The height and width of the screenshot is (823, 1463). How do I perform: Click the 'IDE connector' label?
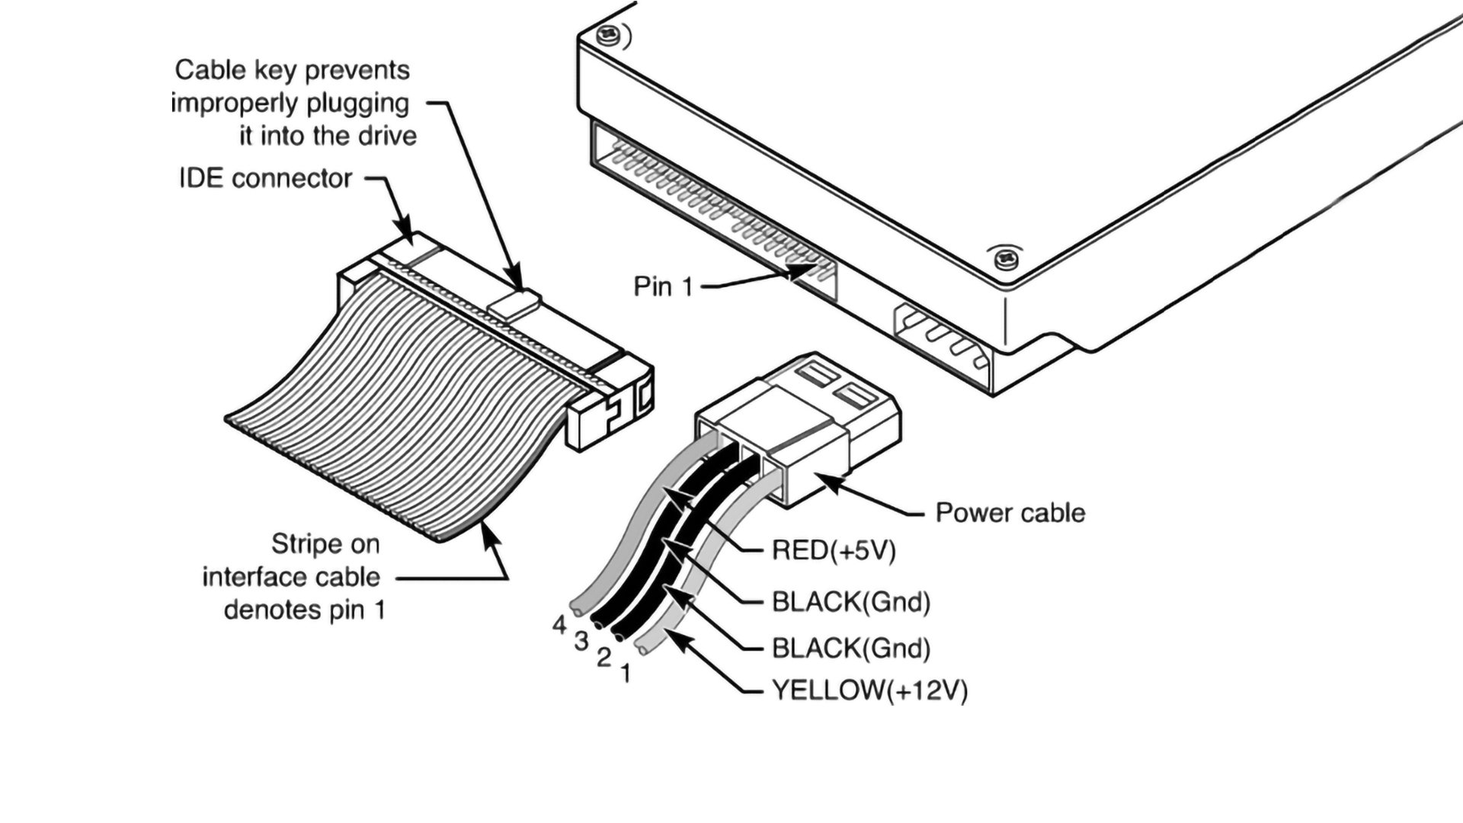[x=265, y=178]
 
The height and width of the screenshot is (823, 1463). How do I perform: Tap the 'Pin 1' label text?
[x=663, y=287]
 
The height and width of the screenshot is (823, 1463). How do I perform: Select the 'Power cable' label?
[x=1010, y=513]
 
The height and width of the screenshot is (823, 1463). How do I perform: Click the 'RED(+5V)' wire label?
[x=834, y=550]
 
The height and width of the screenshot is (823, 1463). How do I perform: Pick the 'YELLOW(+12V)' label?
[x=869, y=690]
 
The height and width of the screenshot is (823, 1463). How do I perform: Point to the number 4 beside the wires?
[x=560, y=625]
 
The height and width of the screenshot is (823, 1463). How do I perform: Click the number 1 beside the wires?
[x=626, y=674]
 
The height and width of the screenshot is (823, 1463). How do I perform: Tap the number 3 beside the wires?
[x=581, y=642]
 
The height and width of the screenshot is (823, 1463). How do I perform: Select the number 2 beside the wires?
[x=603, y=657]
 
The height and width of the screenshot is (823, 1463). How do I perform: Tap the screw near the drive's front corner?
[x=1005, y=260]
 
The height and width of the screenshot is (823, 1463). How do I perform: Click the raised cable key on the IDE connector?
[x=514, y=303]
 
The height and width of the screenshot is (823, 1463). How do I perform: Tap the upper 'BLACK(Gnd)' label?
[x=850, y=602]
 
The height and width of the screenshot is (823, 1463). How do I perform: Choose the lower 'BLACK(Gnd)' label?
[x=850, y=648]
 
